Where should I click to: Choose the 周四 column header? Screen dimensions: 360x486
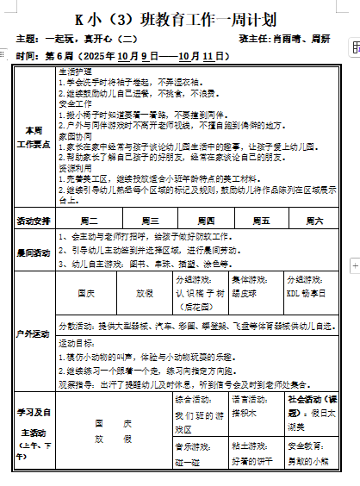[205, 221]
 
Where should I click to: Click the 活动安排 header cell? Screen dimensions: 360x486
[34, 221]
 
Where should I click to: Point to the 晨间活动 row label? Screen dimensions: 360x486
[34, 253]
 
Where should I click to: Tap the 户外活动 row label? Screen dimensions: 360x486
[34, 333]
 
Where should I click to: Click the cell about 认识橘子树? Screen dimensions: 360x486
[201, 294]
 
